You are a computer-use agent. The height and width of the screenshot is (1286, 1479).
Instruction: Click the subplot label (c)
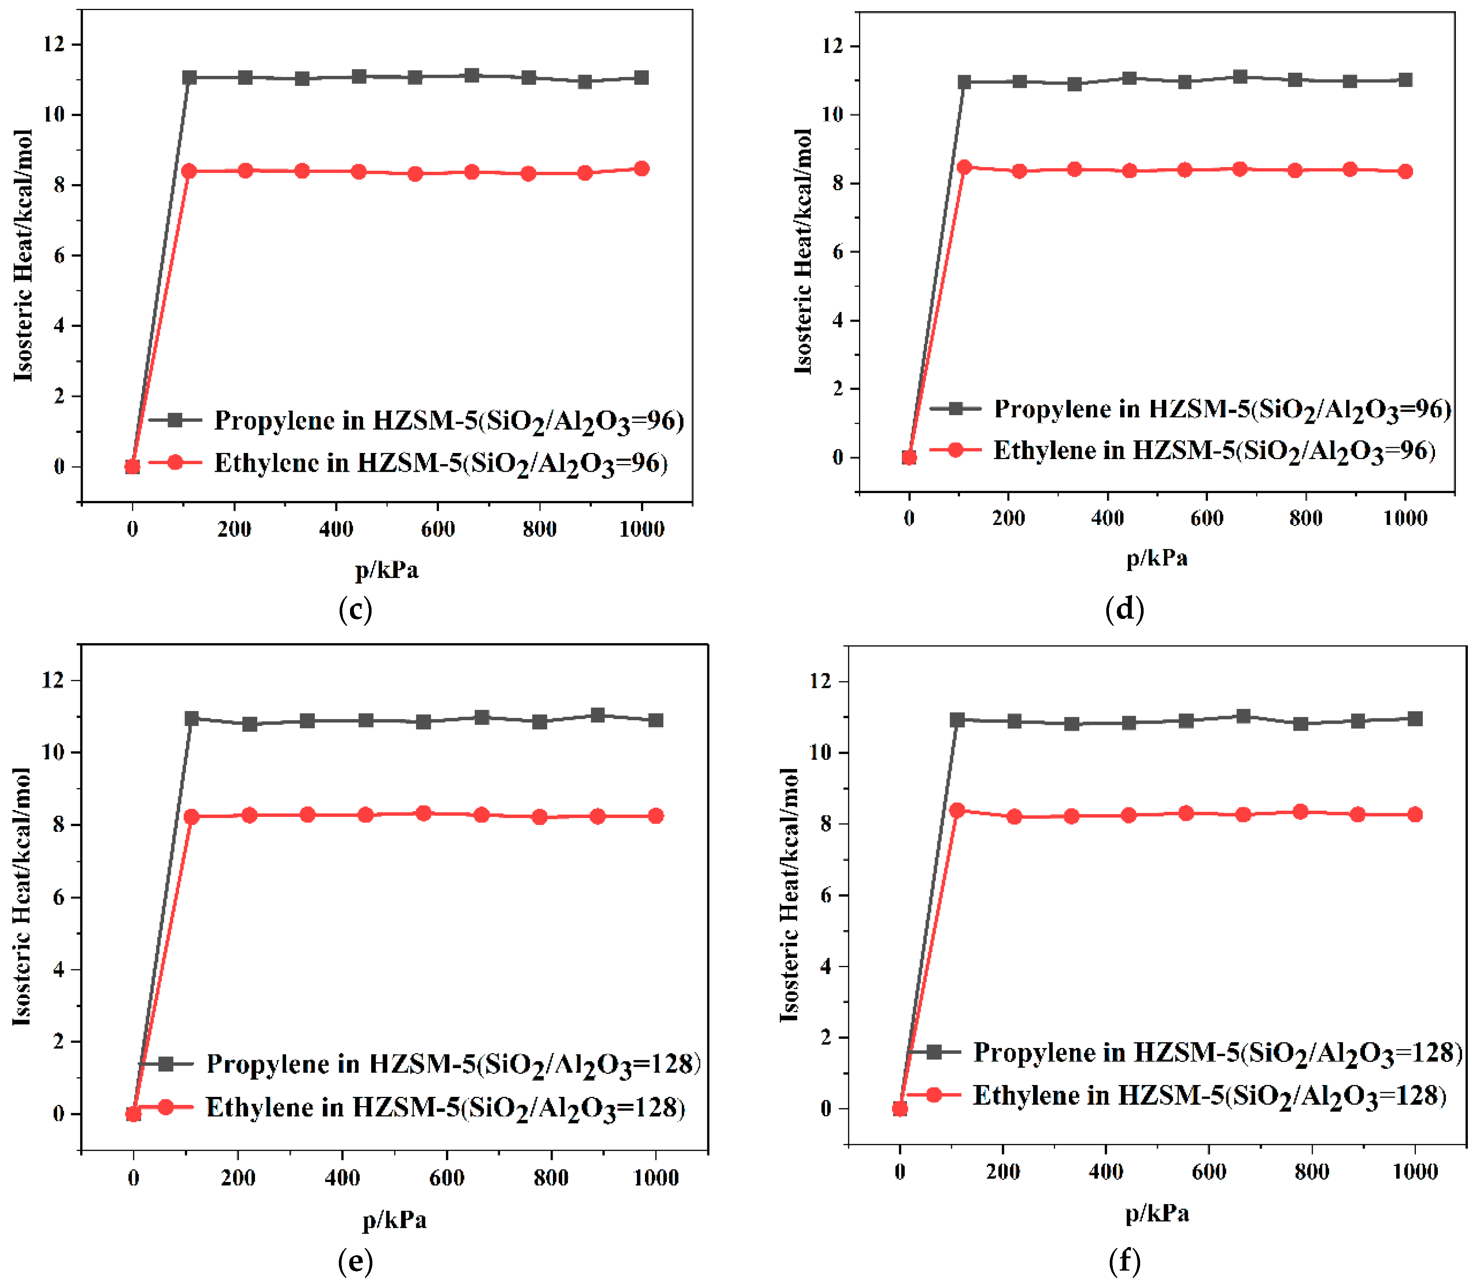coord(355,609)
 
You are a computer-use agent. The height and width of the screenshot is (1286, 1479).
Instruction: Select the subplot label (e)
coord(355,1261)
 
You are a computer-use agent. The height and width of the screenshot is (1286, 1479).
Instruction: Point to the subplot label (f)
coord(1124,1261)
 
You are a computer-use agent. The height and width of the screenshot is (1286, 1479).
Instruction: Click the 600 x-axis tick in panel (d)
coord(1206,518)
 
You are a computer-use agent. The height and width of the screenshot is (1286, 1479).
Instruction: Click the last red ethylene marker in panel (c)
coord(642,169)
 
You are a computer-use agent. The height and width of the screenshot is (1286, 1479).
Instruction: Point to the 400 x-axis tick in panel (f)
coord(1106,1172)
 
